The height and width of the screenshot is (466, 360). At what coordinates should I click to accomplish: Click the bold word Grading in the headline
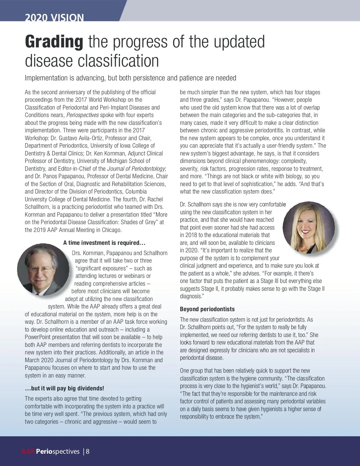tap(54, 42)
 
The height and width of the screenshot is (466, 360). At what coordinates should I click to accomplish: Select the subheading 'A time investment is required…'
tap(104, 243)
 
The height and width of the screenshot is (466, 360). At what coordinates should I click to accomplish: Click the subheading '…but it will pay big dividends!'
tap(64, 388)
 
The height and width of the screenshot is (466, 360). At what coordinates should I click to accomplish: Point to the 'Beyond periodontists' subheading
tap(207, 309)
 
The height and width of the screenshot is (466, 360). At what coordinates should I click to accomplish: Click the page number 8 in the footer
tap(88, 452)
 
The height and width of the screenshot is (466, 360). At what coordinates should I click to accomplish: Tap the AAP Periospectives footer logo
tap(50, 452)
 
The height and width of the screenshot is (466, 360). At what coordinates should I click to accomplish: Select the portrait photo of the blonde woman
tap(309, 227)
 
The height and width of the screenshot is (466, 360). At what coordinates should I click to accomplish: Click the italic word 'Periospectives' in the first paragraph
tap(82, 115)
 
